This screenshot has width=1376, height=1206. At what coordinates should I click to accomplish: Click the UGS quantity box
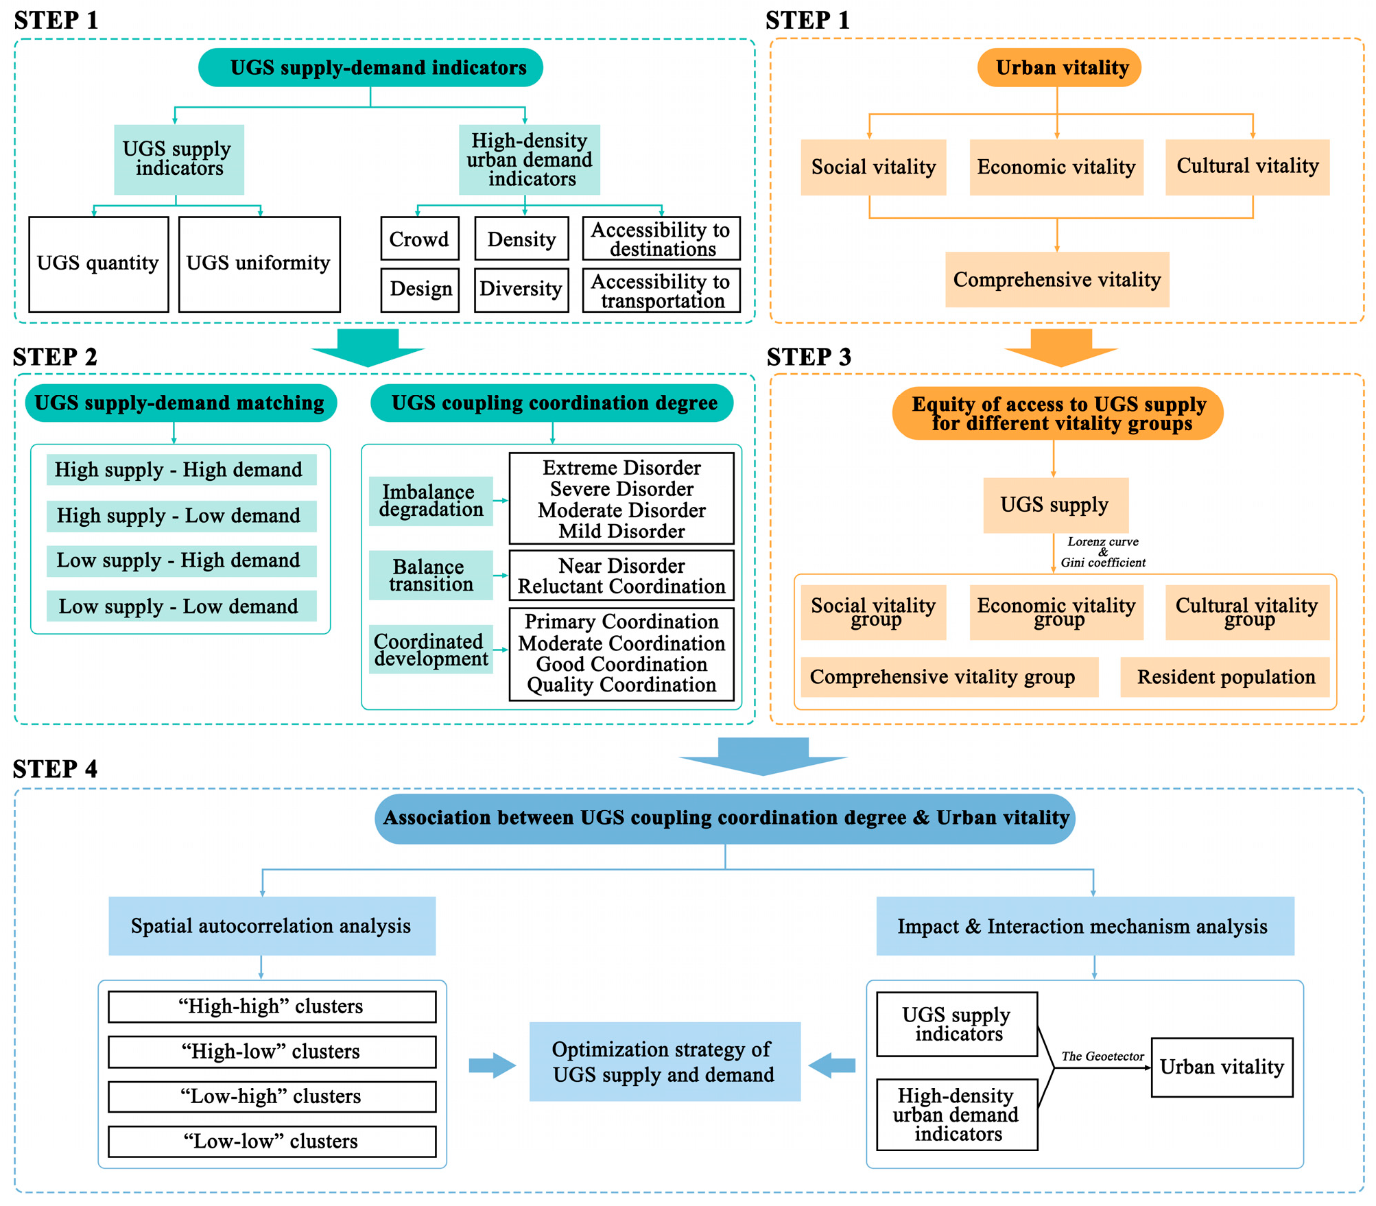pyautogui.click(x=98, y=264)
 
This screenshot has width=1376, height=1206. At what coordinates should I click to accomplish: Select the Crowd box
pyautogui.click(x=419, y=239)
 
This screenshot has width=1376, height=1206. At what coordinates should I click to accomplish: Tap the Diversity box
pyautogui.click(x=521, y=289)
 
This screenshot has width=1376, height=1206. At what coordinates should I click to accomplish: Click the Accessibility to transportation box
pyautogui.click(x=661, y=291)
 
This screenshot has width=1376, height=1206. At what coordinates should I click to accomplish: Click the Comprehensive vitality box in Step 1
pyautogui.click(x=1056, y=279)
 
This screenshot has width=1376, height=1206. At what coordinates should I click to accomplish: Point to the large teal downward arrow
pyautogui.click(x=368, y=347)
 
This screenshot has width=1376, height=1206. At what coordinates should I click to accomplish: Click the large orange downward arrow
pyautogui.click(x=1060, y=347)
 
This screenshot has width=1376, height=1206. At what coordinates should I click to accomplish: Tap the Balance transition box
pyautogui.click(x=431, y=576)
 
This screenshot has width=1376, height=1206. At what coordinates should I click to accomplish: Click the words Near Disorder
pyautogui.click(x=621, y=566)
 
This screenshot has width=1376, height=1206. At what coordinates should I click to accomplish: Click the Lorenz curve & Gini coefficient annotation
pyautogui.click(x=1102, y=552)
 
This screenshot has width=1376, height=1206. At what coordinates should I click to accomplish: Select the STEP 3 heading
pyautogui.click(x=809, y=357)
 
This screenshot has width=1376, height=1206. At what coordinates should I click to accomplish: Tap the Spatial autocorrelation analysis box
pyautogui.click(x=272, y=925)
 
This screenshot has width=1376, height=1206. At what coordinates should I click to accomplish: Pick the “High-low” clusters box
pyautogui.click(x=272, y=1051)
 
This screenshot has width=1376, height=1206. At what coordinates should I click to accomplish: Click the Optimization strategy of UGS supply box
pyautogui.click(x=664, y=1061)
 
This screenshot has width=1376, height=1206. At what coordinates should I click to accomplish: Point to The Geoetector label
pyautogui.click(x=1102, y=1056)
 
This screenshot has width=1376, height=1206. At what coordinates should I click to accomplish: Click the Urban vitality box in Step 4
pyautogui.click(x=1221, y=1067)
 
